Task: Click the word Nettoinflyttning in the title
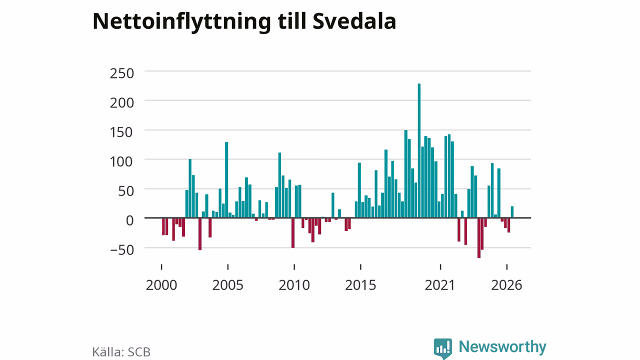(181, 22)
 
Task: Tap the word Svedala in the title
(354, 21)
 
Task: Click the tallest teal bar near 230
(419, 150)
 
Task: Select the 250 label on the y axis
(122, 73)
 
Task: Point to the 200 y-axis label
(122, 103)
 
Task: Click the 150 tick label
(121, 132)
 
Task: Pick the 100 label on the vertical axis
(121, 161)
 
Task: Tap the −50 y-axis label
(122, 250)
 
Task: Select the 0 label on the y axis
(129, 220)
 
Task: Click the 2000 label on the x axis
(161, 285)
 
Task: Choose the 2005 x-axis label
(227, 285)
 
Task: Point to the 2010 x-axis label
(294, 285)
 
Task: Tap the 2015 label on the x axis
(360, 285)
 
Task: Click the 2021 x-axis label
(439, 285)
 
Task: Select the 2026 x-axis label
(506, 285)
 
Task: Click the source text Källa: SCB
(121, 351)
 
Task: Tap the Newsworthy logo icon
(443, 348)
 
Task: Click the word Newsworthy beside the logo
(502, 346)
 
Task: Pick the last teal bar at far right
(512, 212)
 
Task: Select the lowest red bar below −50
(479, 237)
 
